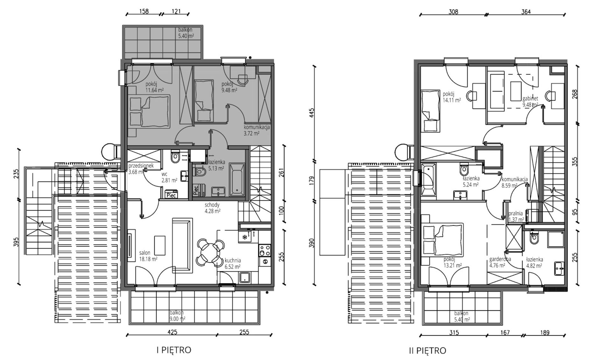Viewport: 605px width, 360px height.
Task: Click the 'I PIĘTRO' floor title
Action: pyautogui.click(x=174, y=350)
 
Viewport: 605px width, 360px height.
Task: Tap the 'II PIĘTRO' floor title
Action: pyautogui.click(x=427, y=351)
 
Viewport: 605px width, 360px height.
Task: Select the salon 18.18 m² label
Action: pyautogui.click(x=148, y=256)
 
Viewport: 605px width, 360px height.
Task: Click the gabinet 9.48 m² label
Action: pyautogui.click(x=530, y=102)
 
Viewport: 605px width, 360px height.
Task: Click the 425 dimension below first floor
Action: pyautogui.click(x=172, y=332)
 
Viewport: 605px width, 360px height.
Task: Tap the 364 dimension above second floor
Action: pyautogui.click(x=526, y=12)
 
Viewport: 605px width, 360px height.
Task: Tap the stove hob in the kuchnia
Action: pyautogui.click(x=265, y=250)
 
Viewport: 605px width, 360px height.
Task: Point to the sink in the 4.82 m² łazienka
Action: pyautogui.click(x=559, y=269)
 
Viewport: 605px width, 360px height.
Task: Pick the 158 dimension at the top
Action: pyautogui.click(x=144, y=11)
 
